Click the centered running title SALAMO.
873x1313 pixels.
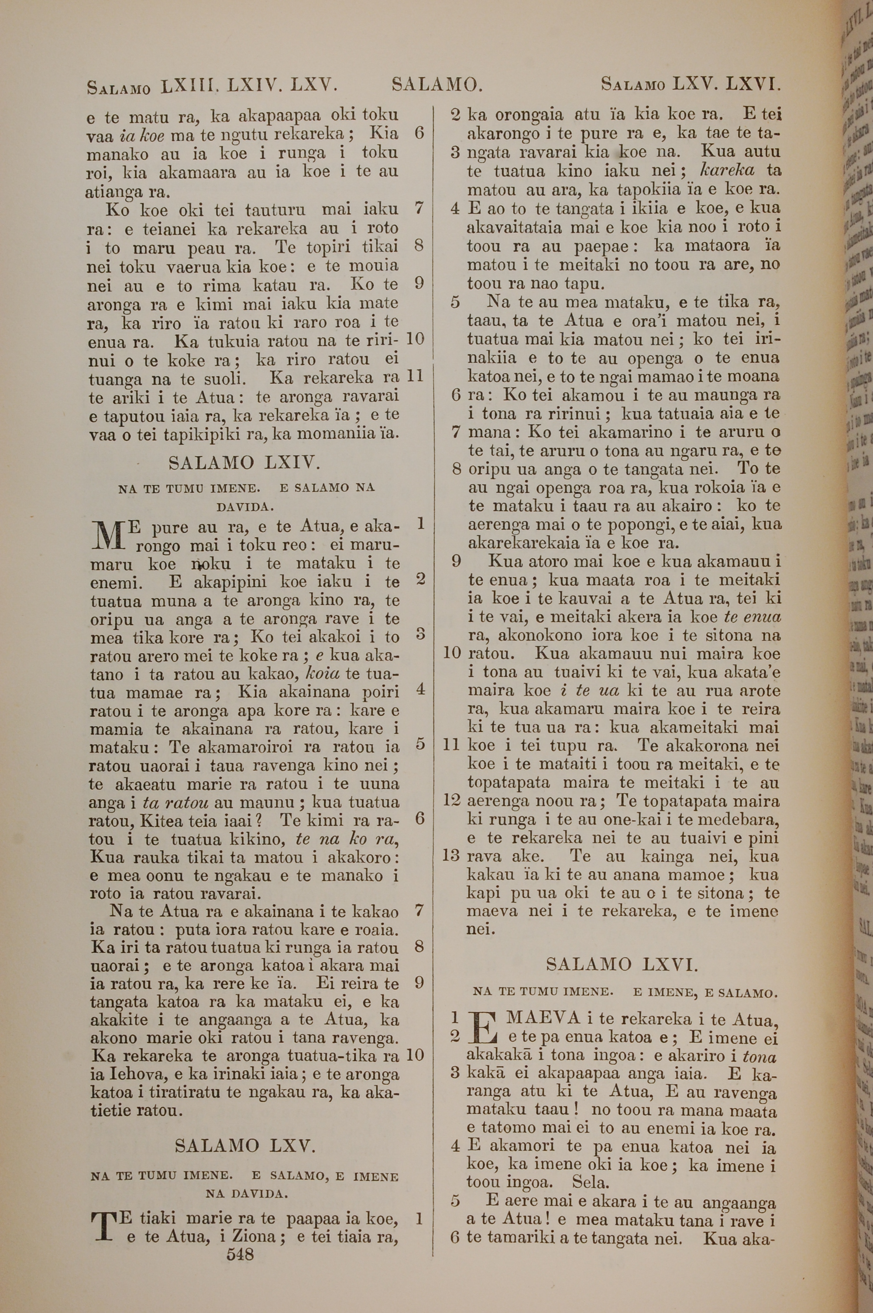coord(437,85)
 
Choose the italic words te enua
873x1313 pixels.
coord(752,617)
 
